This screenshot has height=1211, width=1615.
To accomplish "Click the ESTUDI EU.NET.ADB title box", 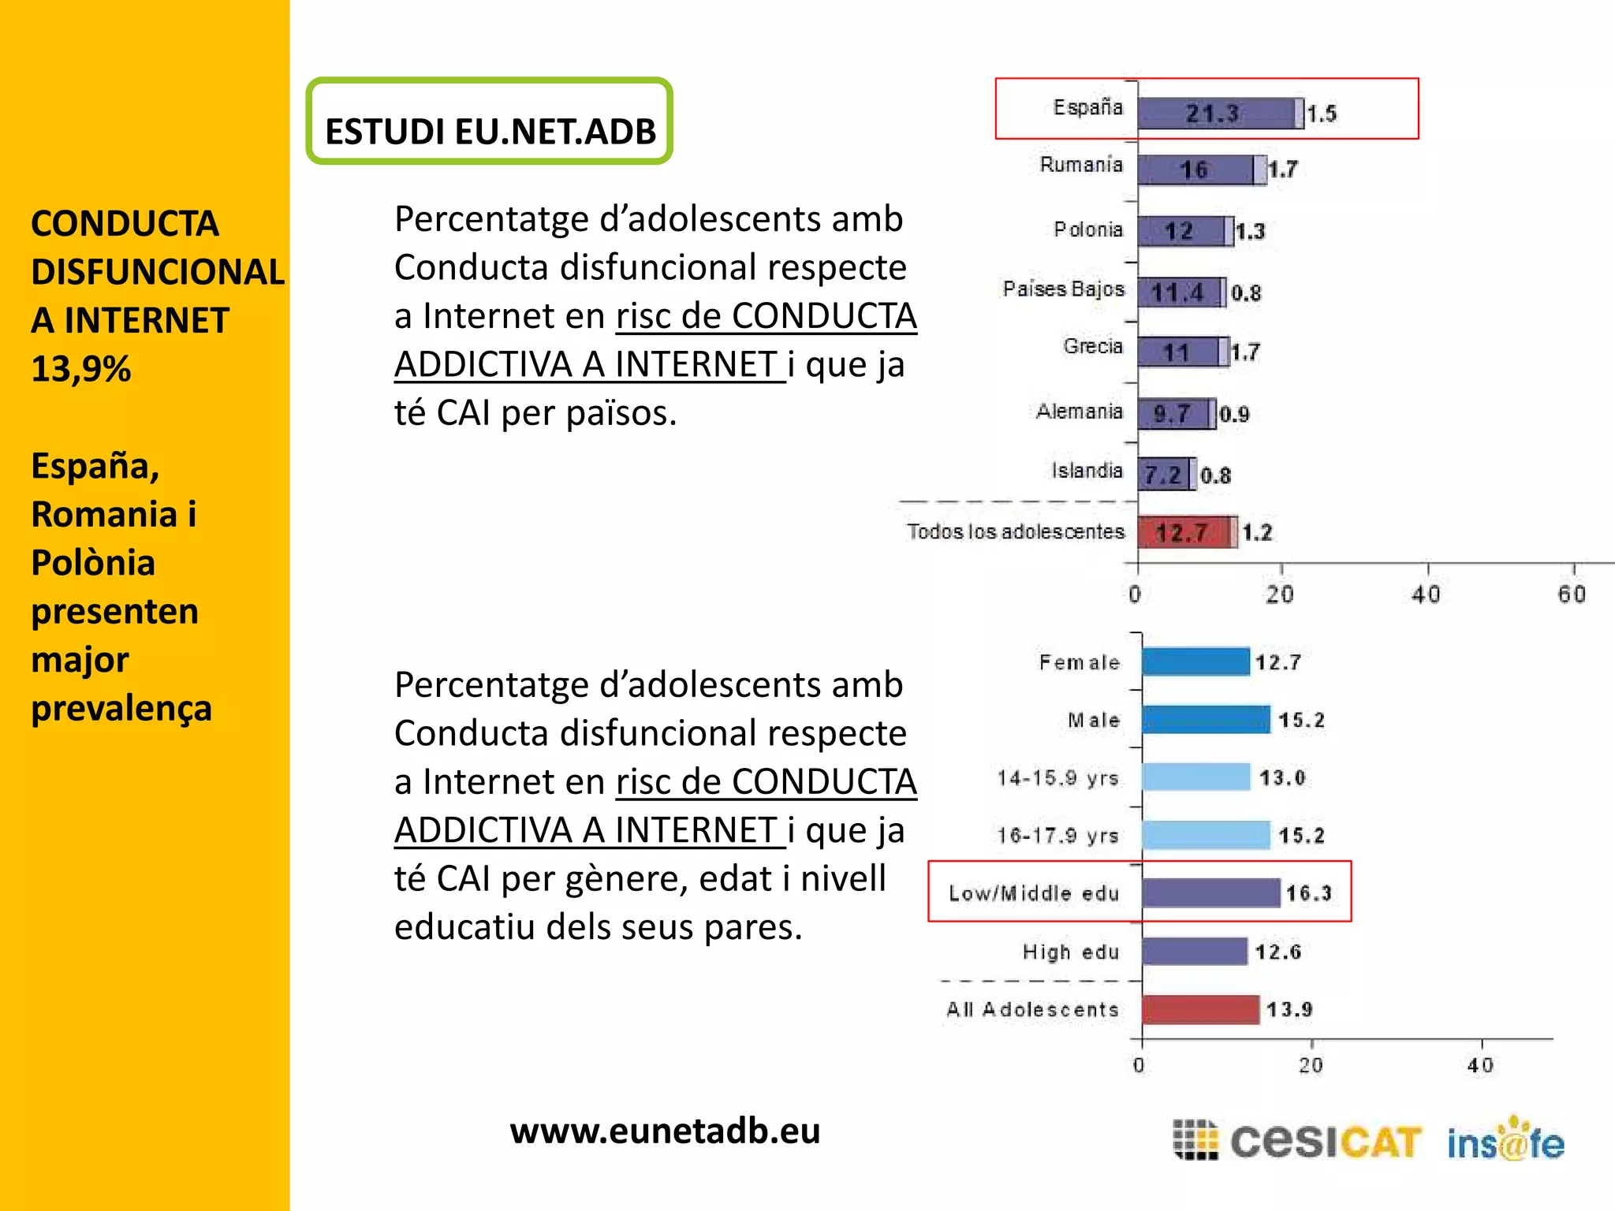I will (x=489, y=122).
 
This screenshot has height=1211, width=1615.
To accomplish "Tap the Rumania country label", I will (x=1080, y=165).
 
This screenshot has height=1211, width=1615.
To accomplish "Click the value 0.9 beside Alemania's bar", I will (x=1234, y=415).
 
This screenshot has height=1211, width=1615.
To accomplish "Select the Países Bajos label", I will (x=1063, y=289).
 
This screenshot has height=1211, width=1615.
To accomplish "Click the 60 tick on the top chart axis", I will (x=1571, y=594).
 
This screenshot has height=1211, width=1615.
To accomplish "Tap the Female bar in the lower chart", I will (x=1195, y=662).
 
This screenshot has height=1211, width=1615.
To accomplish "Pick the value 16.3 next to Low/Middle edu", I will (x=1308, y=893).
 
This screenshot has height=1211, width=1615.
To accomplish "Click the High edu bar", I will (x=1194, y=952).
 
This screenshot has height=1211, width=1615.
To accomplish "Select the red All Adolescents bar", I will (x=1199, y=1010).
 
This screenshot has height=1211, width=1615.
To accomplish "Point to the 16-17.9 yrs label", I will (x=1057, y=836).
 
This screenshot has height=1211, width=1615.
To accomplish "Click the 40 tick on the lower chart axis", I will (x=1480, y=1066).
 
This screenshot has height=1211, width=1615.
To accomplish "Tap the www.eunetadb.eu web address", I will (x=665, y=1131).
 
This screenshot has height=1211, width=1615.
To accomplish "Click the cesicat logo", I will (x=1297, y=1142).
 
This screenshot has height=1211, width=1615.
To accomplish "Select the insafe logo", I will (x=1505, y=1142).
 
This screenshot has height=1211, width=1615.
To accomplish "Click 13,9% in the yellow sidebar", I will (x=81, y=369).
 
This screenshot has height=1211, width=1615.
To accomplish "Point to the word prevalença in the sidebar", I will (x=121, y=708).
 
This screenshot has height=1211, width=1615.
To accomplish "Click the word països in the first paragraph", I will (x=621, y=413).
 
